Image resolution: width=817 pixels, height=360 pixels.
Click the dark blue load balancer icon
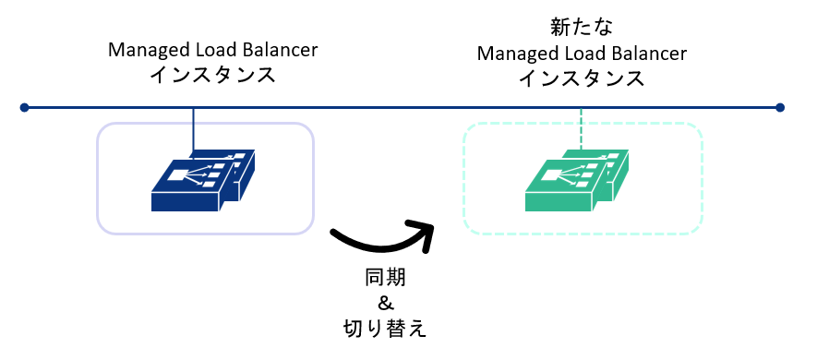click(x=205, y=177)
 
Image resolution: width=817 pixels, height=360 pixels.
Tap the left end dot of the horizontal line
click(x=25, y=108)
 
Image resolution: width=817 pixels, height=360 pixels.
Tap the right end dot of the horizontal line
click(x=780, y=108)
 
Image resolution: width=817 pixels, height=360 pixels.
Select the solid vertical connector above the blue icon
click(x=193, y=129)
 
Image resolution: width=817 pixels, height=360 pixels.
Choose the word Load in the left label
click(x=208, y=49)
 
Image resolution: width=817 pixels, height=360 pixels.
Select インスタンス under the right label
click(x=582, y=78)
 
